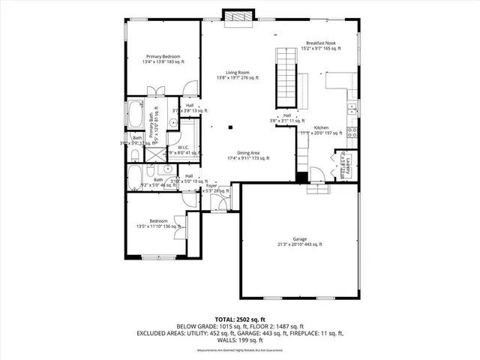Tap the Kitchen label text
321,128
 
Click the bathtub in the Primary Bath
136,115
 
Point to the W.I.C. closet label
183,148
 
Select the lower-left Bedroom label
158,221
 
